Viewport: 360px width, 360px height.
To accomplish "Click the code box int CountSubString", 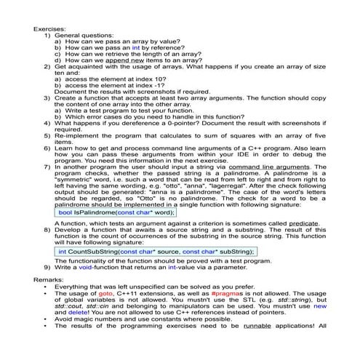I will pos(156,251).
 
